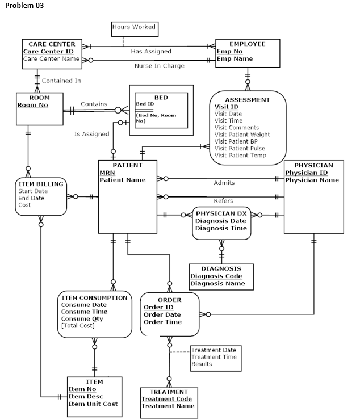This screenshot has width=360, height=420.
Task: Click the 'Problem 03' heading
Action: (x=24, y=6)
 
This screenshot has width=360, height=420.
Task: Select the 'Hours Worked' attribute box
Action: (x=133, y=27)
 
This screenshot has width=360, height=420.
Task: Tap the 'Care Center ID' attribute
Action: (x=48, y=51)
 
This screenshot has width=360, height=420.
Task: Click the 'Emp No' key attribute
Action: (x=229, y=51)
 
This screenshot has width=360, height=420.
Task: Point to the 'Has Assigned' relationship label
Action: (x=151, y=52)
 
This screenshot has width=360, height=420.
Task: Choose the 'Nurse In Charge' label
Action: (x=159, y=66)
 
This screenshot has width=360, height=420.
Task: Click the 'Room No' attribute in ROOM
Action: (x=32, y=105)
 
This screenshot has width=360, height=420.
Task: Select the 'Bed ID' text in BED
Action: (x=145, y=104)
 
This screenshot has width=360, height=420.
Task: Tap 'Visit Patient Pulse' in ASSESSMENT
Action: (x=240, y=148)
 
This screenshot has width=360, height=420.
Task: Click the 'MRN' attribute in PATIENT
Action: (x=107, y=173)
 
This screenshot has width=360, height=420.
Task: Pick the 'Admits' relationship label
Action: (x=224, y=183)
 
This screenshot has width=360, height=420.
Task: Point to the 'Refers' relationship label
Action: (x=223, y=201)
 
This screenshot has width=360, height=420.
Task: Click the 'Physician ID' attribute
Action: (x=306, y=173)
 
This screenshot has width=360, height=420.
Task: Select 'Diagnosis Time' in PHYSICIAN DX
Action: (x=221, y=228)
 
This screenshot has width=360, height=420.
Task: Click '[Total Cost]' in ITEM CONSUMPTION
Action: (x=78, y=326)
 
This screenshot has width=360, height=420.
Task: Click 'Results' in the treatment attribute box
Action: (x=201, y=364)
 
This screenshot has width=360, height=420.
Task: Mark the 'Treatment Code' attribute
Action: (x=166, y=399)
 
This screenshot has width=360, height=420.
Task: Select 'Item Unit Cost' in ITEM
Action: (x=93, y=404)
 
